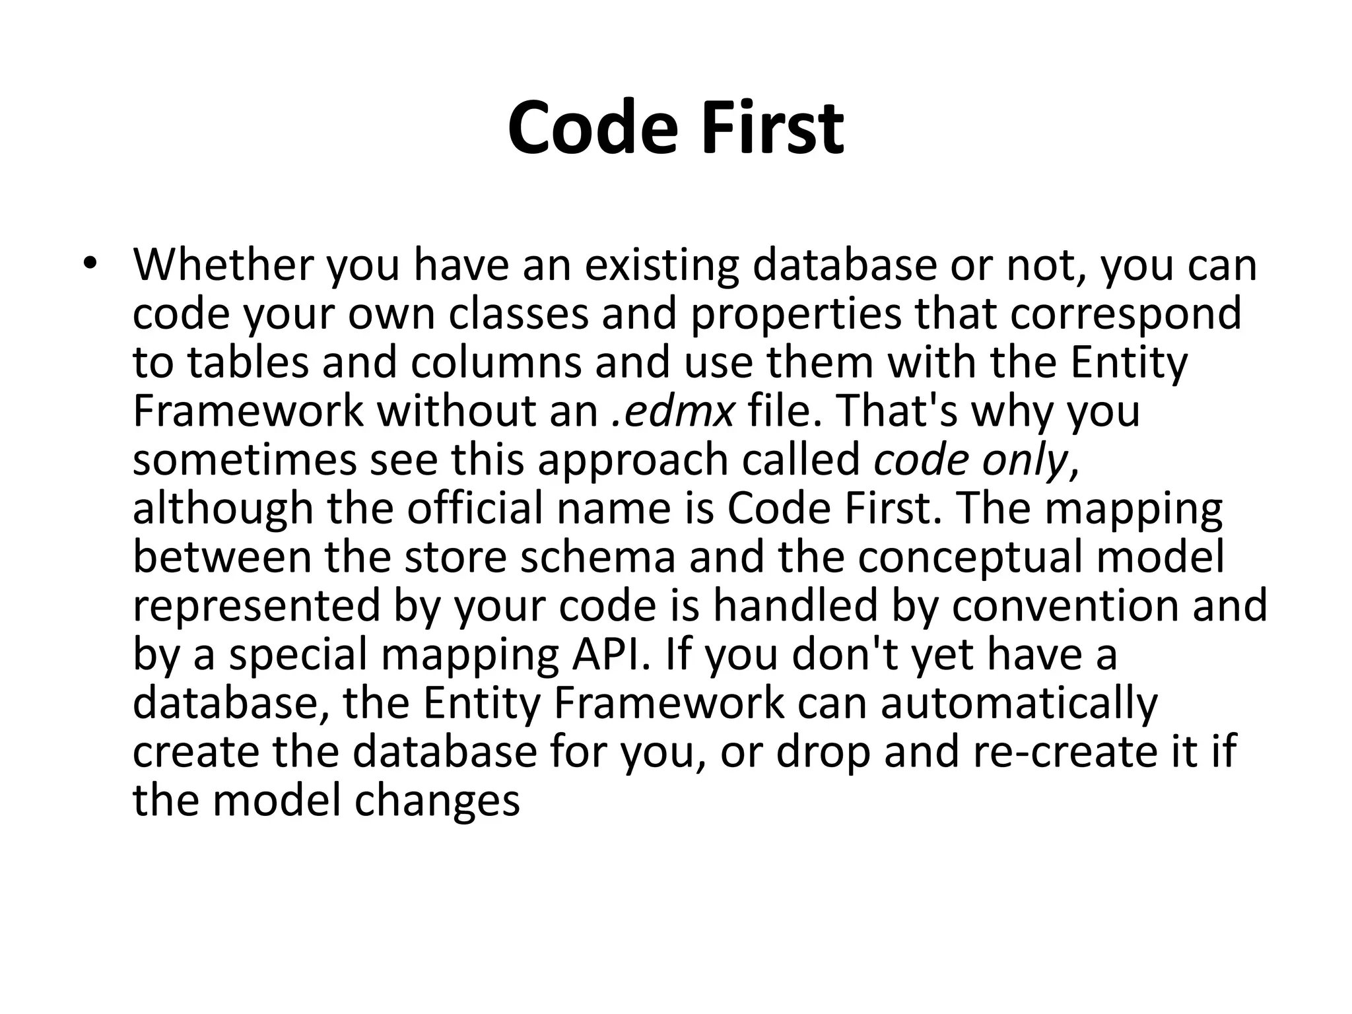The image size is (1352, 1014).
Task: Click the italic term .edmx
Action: (x=672, y=412)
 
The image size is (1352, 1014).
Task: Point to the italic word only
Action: (x=1031, y=461)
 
